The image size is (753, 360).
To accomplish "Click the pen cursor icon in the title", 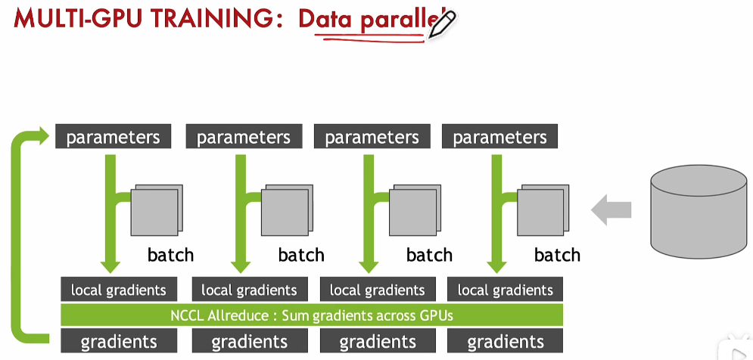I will pyautogui.click(x=441, y=25).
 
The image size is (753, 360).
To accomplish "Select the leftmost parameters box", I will pyautogui.click(x=114, y=137).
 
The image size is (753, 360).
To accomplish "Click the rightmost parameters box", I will pyautogui.click(x=499, y=137).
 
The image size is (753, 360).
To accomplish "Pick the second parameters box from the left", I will pyautogui.click(x=244, y=137).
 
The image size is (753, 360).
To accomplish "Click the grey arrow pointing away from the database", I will pyautogui.click(x=610, y=209).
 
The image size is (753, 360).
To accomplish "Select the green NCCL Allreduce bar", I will pyautogui.click(x=312, y=315).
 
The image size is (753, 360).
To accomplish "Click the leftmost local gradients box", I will pyautogui.click(x=119, y=290).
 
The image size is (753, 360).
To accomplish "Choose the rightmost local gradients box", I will pyautogui.click(x=506, y=290).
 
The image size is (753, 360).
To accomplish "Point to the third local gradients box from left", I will pyautogui.click(x=378, y=290).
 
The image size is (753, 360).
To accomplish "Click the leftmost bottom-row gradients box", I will pyautogui.click(x=119, y=341).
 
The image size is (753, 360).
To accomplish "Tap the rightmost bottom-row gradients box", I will pyautogui.click(x=506, y=341).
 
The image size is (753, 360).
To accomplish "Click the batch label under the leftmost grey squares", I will pyautogui.click(x=170, y=255).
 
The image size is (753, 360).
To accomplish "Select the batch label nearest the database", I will pyautogui.click(x=557, y=255).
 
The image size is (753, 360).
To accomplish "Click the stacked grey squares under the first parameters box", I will pyautogui.click(x=156, y=209).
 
